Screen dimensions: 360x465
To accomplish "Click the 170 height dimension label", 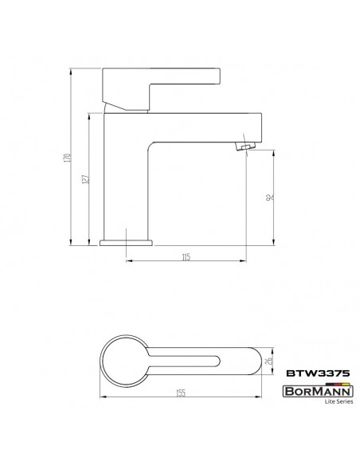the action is [68, 158].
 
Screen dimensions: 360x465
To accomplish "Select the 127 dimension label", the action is [85, 179].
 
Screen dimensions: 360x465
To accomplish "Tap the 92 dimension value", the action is [269, 197].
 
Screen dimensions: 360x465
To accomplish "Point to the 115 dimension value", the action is [186, 257].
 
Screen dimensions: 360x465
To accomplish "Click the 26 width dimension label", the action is [269, 361].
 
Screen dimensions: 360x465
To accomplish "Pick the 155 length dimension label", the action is [180, 393].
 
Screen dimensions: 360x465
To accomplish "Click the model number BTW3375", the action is [318, 373].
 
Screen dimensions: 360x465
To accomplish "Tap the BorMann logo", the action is [318, 392].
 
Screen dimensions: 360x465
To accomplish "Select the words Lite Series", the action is [339, 401].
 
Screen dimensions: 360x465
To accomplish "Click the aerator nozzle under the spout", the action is [246, 146].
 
